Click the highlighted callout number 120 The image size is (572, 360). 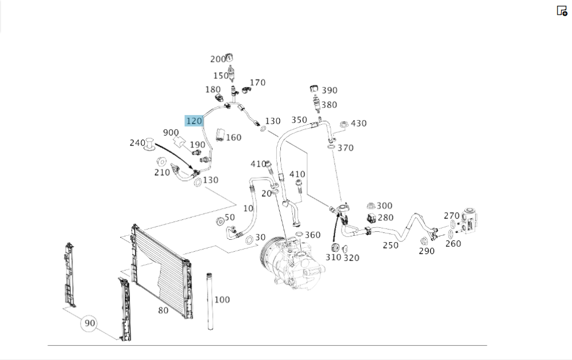[x=194, y=121]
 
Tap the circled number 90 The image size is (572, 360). [x=89, y=323]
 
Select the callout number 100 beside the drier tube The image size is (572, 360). [x=222, y=299]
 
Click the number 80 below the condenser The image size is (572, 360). [x=163, y=310]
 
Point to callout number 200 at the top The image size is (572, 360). [x=218, y=59]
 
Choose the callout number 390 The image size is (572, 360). [x=329, y=90]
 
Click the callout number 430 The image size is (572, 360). [x=359, y=123]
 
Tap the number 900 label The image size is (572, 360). [x=171, y=132]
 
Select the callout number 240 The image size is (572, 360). [x=137, y=143]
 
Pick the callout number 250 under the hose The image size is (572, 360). [x=390, y=245]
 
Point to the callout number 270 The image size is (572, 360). [x=451, y=216]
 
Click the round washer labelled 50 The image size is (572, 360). [x=219, y=221]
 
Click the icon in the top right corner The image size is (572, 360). [x=562, y=11]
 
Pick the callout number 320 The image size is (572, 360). [x=351, y=258]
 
